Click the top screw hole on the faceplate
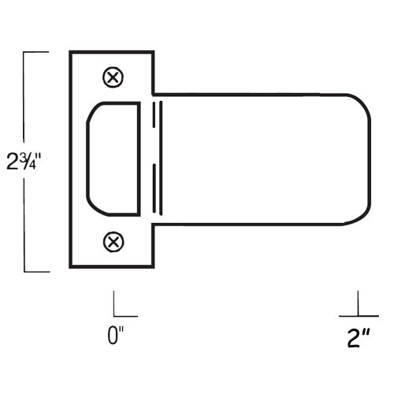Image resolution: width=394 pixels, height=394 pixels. pos(113,76)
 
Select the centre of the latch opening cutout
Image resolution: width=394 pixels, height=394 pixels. pos(115,158)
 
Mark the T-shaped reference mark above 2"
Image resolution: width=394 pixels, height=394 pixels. pos(357,307)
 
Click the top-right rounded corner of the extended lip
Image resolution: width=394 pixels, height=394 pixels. pos(359,103)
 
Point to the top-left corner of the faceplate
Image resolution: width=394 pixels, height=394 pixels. pos(71,52)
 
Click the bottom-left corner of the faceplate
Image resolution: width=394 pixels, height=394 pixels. pos(71,267)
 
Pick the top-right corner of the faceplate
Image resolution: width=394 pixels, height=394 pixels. pos(151,52)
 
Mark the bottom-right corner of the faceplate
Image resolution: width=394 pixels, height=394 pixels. pos(151,267)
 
